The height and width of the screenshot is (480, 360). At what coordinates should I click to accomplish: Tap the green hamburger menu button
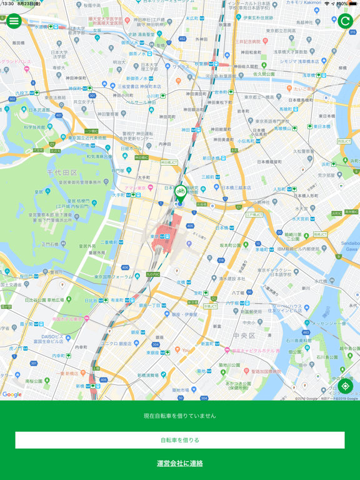tap(14, 21)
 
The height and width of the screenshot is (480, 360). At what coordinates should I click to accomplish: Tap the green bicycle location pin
tap(180, 193)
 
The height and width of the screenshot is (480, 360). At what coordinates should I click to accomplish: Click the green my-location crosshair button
tap(345, 386)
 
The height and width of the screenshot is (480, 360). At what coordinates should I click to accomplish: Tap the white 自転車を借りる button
tap(180, 440)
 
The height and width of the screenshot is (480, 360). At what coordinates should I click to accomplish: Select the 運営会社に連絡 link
tap(180, 463)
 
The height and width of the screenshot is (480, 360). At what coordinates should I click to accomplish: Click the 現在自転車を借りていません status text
tap(180, 416)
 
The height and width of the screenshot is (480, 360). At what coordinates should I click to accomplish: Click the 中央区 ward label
tap(244, 336)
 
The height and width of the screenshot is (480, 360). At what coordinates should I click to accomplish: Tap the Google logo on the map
tap(12, 394)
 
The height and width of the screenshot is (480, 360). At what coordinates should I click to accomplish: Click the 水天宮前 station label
tap(302, 219)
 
